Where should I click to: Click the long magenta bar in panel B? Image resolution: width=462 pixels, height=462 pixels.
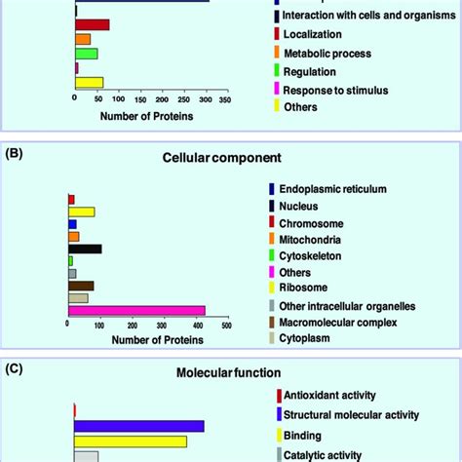136,311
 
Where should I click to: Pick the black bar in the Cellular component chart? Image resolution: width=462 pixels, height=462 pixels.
85,249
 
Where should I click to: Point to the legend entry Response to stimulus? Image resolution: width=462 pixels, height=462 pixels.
334,90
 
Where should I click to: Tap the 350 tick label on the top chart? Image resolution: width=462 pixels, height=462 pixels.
224,98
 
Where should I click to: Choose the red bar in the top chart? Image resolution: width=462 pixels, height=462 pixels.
93,23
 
